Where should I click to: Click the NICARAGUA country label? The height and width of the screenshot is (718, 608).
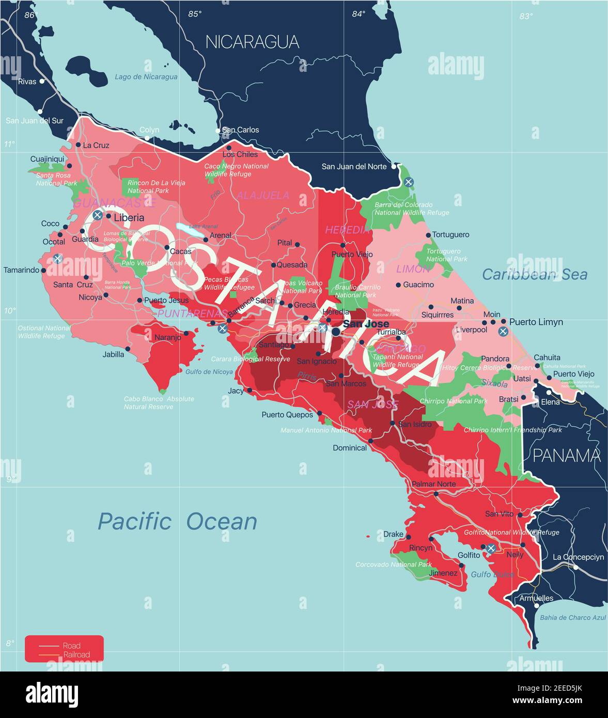point(252,42)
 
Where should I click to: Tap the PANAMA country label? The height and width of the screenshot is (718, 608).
point(566,456)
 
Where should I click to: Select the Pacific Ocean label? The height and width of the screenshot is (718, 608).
point(177,521)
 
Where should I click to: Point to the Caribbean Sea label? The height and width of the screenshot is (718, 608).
point(534,274)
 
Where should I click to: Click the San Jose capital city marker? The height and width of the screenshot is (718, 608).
point(336,332)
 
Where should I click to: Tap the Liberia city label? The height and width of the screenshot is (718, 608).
point(129,217)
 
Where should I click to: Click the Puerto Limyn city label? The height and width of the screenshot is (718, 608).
point(536,322)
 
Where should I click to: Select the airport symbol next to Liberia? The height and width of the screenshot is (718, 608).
point(97,215)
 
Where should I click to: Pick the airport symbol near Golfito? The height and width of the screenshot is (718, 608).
point(491,548)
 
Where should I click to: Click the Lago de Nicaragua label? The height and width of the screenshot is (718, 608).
point(146,77)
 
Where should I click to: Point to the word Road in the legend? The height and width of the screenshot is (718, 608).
point(71,646)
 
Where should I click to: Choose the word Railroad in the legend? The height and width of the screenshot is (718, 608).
point(76,655)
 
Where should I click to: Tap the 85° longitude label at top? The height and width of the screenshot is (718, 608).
point(195,14)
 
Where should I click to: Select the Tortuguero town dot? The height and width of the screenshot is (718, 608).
point(428,235)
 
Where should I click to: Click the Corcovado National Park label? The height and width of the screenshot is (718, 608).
point(393,565)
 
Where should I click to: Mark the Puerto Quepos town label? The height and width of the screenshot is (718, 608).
point(287,414)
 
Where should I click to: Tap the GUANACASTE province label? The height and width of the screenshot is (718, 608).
point(115,203)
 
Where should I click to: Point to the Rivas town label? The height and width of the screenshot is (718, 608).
point(27,82)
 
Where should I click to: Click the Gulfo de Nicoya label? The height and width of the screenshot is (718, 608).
point(209,372)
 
